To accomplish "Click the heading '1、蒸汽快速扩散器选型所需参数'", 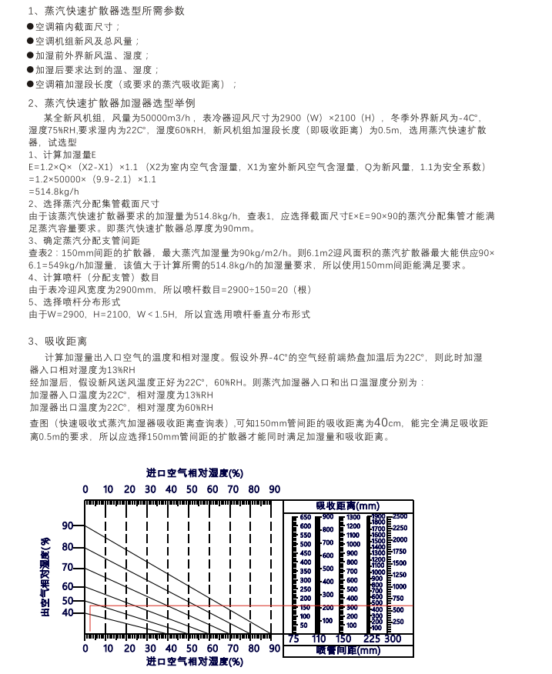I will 106,12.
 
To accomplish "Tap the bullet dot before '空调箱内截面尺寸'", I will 30,27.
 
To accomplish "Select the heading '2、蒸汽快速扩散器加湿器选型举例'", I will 112,102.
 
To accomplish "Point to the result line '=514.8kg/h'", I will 54,191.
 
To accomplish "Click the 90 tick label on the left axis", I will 68,526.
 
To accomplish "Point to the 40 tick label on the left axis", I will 68,613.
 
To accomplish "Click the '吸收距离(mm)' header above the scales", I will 346,505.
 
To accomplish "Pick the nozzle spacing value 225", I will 371,639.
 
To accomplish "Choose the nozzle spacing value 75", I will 293,639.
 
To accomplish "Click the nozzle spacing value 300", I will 393,639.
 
